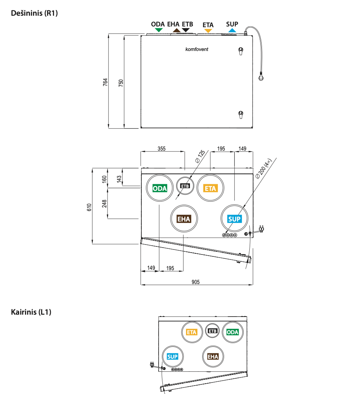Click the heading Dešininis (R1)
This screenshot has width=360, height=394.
[34, 13]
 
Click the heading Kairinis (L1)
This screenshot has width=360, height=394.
[31, 312]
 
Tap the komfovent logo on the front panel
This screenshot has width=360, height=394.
[197, 49]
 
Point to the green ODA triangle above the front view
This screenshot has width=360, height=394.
[159, 30]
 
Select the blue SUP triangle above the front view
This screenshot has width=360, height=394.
[232, 30]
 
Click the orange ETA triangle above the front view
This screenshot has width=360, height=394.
[208, 31]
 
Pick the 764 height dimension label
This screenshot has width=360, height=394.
[105, 82]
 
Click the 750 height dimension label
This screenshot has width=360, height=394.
[121, 83]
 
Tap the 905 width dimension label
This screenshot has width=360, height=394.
[196, 282]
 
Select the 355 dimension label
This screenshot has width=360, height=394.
[161, 148]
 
